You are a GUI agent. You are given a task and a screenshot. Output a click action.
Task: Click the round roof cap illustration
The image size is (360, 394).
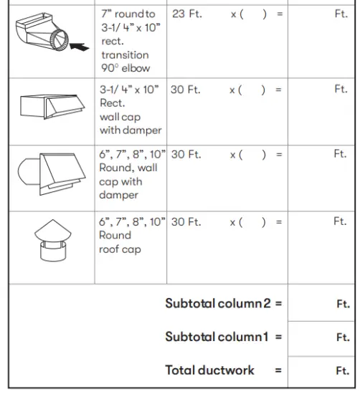[x=50, y=241]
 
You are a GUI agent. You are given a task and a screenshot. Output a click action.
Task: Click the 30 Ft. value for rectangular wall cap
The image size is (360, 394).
[x=186, y=90]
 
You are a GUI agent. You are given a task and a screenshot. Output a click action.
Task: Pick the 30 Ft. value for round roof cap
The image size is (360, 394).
[x=186, y=222]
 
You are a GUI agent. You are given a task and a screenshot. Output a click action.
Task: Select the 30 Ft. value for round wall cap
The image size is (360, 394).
[x=186, y=155]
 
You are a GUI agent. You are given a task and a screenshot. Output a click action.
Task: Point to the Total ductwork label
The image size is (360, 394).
[x=209, y=370]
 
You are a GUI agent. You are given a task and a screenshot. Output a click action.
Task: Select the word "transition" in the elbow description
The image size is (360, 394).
[x=125, y=55]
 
